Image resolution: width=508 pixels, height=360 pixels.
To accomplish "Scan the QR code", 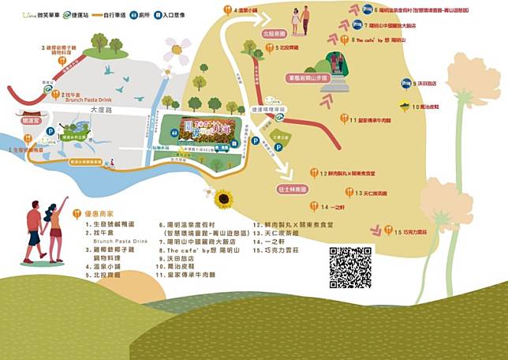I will click(x=350, y=268).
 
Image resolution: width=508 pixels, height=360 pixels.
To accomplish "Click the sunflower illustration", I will click(x=223, y=198).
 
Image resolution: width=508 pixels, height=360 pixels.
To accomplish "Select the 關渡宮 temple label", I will click(x=31, y=122).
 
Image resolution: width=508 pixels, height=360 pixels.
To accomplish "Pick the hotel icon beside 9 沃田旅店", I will click(x=405, y=82).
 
